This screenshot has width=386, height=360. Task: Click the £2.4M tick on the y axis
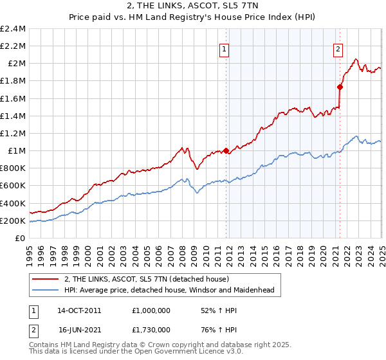click(x=14, y=29)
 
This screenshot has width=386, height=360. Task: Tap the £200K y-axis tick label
click(x=14, y=221)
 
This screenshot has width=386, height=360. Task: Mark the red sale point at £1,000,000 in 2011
click(x=226, y=151)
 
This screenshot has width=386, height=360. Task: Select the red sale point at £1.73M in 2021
click(x=340, y=87)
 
